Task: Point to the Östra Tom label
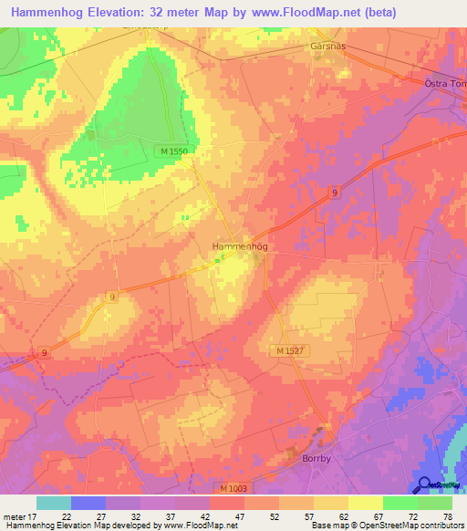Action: pos(445,84)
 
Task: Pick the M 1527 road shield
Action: pos(289,350)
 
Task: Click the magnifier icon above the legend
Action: pos(424,484)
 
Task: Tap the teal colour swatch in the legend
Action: pos(54,503)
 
